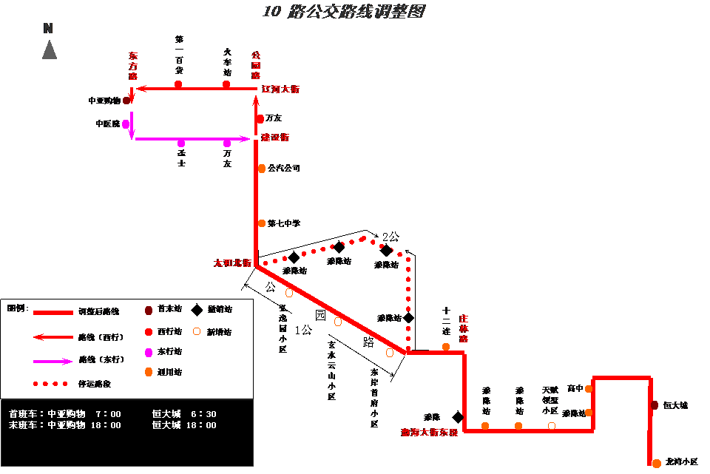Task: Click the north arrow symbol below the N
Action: pos(50,50)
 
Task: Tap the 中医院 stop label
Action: pos(107,124)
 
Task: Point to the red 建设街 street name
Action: pos(276,138)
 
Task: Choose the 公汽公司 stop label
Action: pos(285,169)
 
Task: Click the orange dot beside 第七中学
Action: pos(262,223)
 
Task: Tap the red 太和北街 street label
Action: pos(232,263)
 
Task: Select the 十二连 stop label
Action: pos(446,322)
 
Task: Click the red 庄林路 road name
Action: pos(464,329)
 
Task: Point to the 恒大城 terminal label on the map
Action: pos(676,405)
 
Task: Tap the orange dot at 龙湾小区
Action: pos(657,463)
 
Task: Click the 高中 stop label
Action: pos(574,387)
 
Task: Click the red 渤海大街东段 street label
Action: pos(430,433)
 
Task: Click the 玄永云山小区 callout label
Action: pos(332,370)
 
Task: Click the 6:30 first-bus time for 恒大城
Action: pos(203,414)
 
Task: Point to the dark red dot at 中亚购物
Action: pos(126,100)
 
